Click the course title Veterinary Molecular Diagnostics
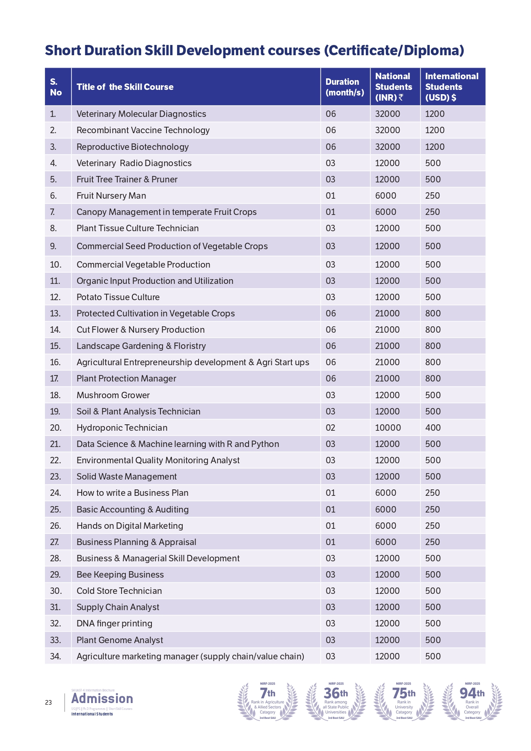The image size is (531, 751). (141, 114)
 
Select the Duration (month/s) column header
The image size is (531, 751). (344, 87)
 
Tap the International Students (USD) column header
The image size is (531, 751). (451, 87)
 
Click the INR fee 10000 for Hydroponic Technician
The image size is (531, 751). (388, 428)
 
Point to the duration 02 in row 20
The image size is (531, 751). (330, 428)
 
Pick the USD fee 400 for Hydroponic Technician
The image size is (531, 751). (433, 428)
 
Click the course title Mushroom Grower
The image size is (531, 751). (113, 395)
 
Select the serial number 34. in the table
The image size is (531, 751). (56, 656)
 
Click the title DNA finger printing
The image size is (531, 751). (114, 623)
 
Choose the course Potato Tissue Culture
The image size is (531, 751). (118, 297)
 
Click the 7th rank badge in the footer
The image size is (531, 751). (268, 701)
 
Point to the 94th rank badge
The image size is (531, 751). (472, 701)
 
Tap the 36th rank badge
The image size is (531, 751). (336, 701)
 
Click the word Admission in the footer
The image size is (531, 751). (102, 698)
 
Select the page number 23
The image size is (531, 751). (48, 703)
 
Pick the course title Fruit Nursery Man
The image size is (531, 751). (111, 196)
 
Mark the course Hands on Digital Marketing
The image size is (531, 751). (130, 526)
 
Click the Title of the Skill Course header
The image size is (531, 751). (125, 87)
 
